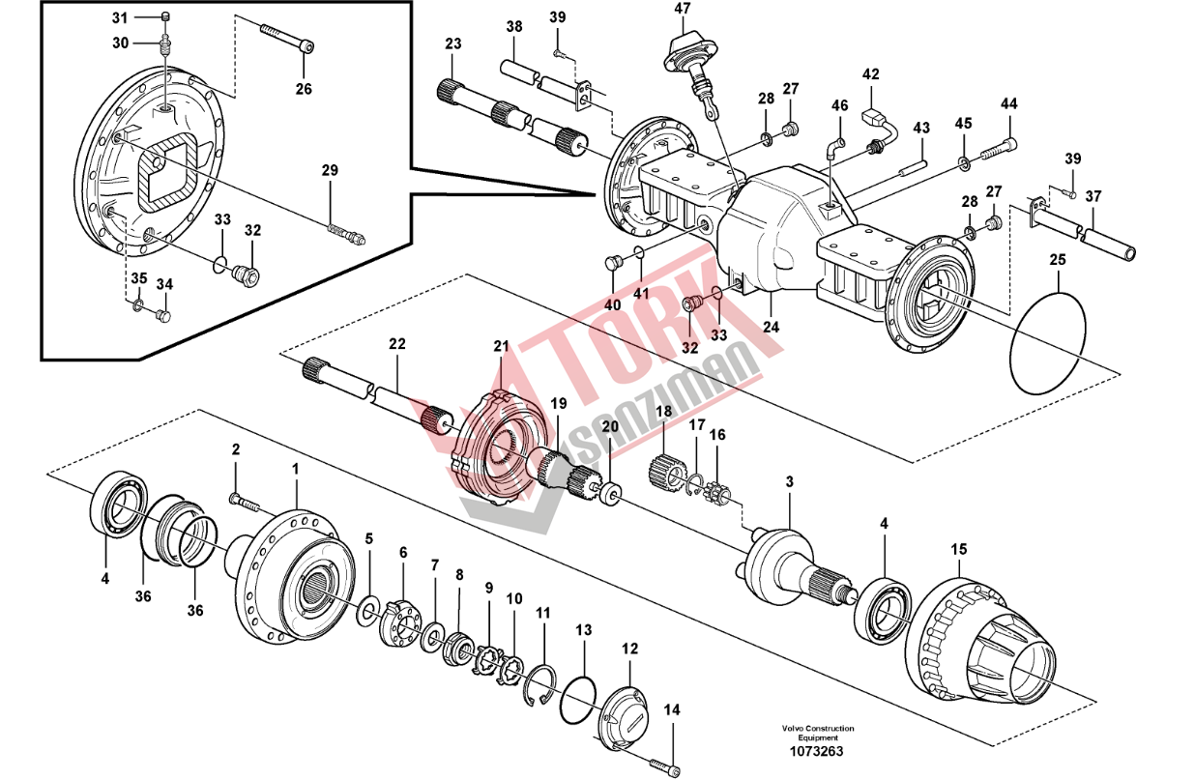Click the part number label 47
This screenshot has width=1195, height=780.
(683, 9)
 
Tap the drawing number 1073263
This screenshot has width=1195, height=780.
(817, 750)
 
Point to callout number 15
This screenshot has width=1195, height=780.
(958, 549)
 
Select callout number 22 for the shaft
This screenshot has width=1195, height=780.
(396, 344)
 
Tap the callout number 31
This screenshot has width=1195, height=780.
(119, 17)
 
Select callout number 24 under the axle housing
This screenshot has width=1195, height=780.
(771, 327)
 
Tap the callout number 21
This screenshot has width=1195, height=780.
(500, 346)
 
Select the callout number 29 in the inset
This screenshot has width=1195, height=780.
(330, 171)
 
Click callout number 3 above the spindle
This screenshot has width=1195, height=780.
(789, 481)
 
